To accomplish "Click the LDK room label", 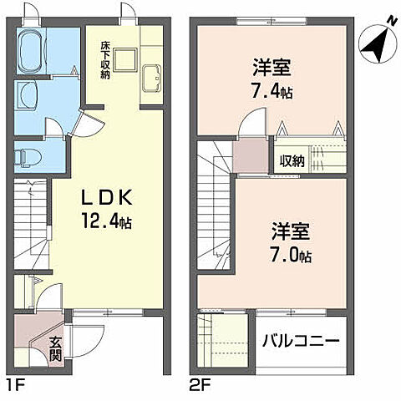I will point(108,198).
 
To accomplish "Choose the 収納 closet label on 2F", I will point(292,160).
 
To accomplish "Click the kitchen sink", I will point(152,78).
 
